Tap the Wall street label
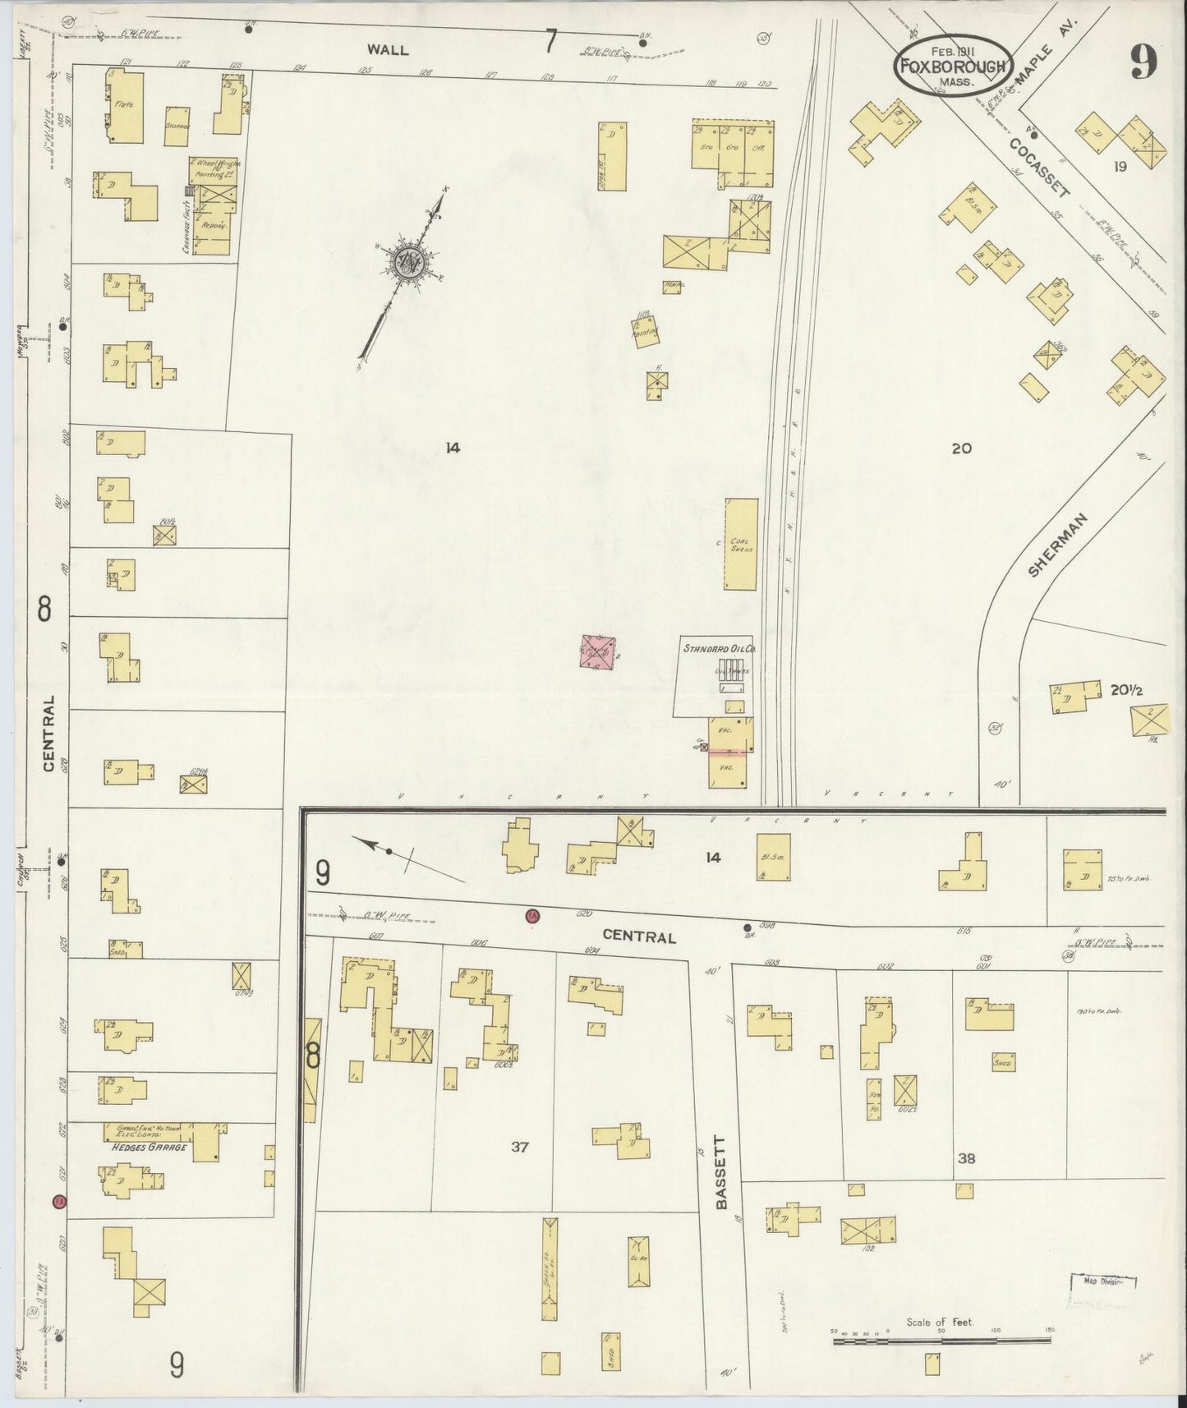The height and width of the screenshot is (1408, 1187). pos(388,49)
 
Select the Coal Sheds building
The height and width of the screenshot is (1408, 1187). pos(740,543)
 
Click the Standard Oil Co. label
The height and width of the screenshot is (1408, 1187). pos(720,648)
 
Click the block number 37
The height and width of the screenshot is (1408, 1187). pos(519,1147)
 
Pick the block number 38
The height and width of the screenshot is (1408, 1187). pos(966,1158)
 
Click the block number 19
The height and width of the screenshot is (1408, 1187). pos(1120,167)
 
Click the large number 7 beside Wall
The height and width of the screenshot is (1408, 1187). pos(551,41)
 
